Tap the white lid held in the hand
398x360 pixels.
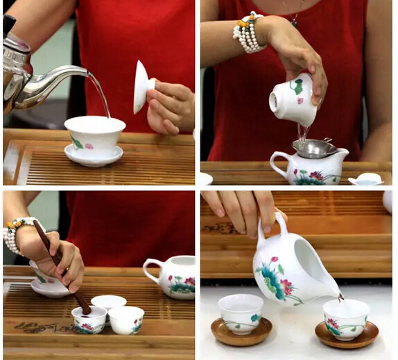[142, 86]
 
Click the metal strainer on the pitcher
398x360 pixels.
[315, 147]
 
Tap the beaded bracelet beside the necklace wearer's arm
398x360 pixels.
[248, 33]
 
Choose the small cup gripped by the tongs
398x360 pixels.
[89, 319]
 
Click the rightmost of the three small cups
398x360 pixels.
[127, 320]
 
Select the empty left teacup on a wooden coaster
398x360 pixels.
[241, 313]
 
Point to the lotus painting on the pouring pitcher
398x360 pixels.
[277, 277]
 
